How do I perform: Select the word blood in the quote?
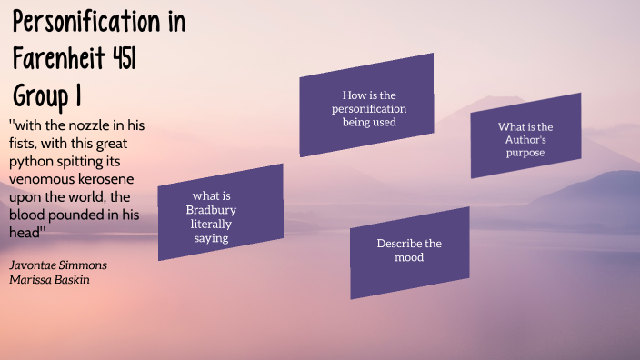29,215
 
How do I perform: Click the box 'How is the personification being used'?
367,108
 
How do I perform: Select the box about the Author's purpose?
525,139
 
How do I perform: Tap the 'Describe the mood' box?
409,250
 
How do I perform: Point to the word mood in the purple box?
410,257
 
